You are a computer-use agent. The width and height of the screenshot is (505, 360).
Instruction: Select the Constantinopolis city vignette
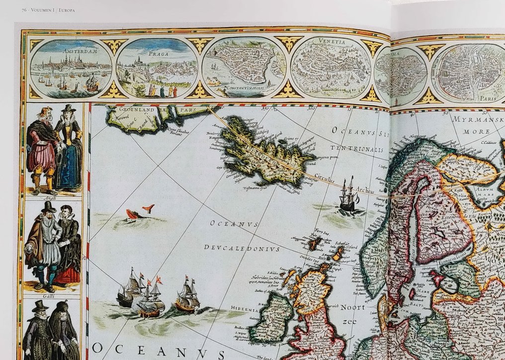click(244, 68)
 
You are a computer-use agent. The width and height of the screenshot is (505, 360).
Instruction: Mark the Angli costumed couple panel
click(54, 151)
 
